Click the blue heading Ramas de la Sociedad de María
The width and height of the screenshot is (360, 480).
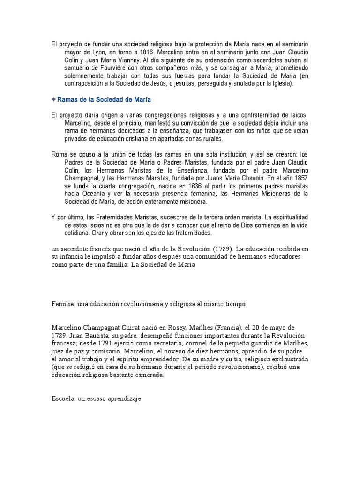click(x=105, y=100)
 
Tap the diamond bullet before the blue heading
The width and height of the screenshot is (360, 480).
click(x=54, y=100)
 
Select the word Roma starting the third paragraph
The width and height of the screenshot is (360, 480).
click(x=59, y=155)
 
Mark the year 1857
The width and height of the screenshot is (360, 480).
click(x=300, y=179)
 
